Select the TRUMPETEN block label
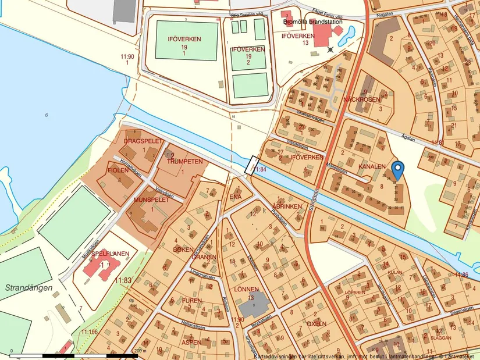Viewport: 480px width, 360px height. click(x=185, y=162)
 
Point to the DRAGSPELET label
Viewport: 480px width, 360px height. click(x=142, y=141)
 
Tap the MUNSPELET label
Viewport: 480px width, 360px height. click(x=151, y=199)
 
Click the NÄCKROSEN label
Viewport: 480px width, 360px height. click(x=361, y=99)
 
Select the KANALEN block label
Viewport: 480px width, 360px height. click(x=372, y=167)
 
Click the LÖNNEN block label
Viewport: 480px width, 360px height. click(x=246, y=289)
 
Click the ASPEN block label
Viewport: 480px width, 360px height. click(x=191, y=343)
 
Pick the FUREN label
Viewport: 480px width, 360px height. click(x=191, y=301)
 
